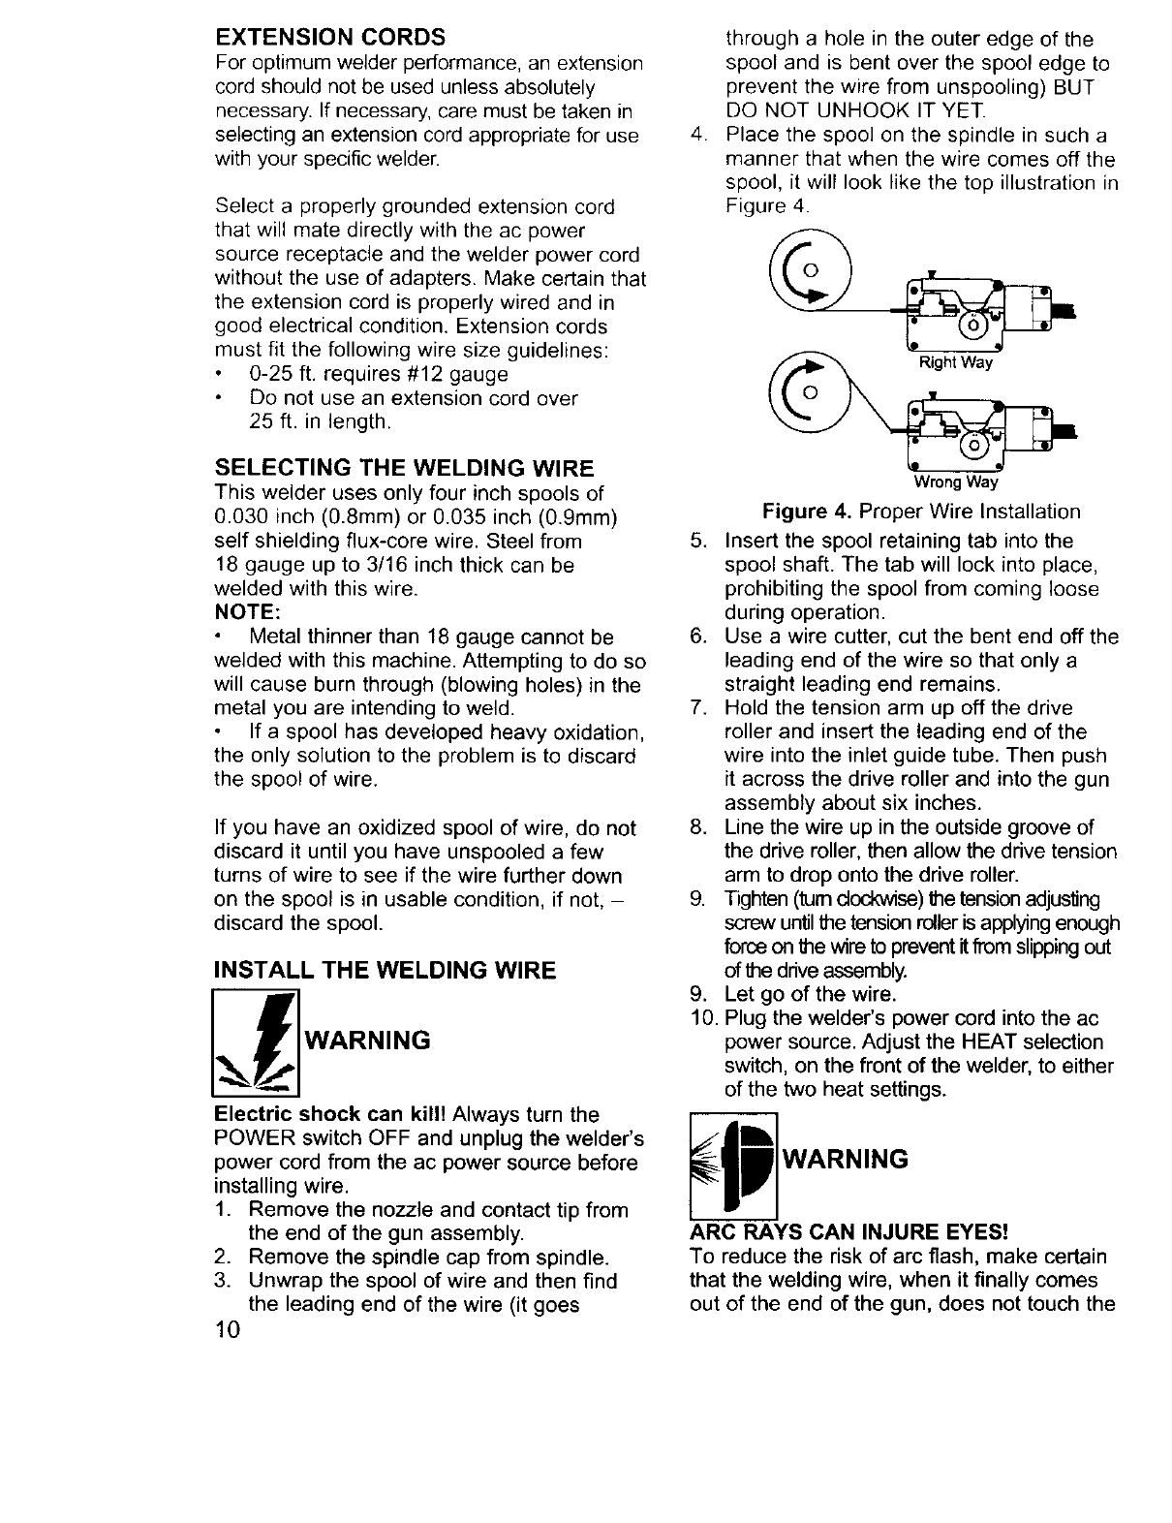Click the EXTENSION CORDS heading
[x=329, y=38]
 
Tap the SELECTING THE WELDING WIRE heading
[x=404, y=469]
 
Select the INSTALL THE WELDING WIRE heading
[x=385, y=970]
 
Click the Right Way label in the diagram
[x=955, y=364]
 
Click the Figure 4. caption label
[x=809, y=512]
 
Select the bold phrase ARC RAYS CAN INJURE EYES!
[x=849, y=1232]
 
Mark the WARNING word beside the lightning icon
[x=367, y=1041]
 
